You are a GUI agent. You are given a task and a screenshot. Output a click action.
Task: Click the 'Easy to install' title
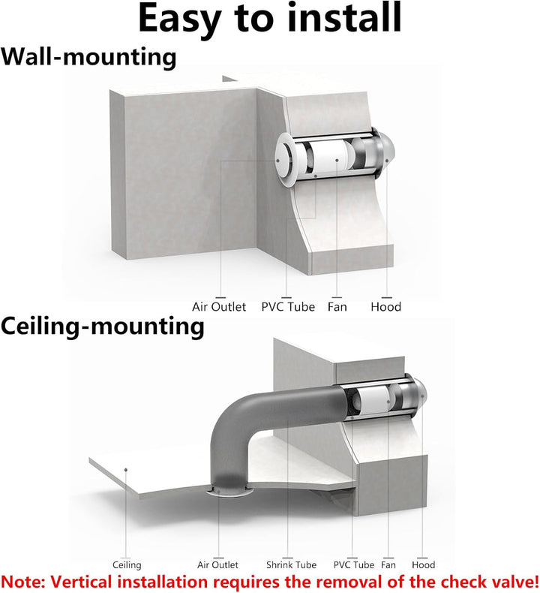pyautogui.click(x=269, y=17)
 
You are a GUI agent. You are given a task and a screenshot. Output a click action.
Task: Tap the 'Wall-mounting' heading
pyautogui.click(x=88, y=57)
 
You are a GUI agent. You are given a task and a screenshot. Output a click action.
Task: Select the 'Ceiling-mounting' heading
pyautogui.click(x=103, y=327)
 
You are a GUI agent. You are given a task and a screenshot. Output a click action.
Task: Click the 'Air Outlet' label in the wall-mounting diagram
pyautogui.click(x=219, y=306)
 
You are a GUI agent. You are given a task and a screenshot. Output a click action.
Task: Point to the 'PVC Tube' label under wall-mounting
pyautogui.click(x=288, y=306)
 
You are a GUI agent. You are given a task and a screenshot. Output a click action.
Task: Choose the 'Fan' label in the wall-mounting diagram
pyautogui.click(x=337, y=306)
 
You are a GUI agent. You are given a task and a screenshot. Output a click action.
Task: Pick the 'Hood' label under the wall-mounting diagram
pyautogui.click(x=385, y=306)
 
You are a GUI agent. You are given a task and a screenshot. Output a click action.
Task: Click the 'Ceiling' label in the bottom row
pyautogui.click(x=127, y=565)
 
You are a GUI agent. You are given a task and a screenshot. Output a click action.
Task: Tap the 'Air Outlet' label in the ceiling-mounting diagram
pyautogui.click(x=217, y=564)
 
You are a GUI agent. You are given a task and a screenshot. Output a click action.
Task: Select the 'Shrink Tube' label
pyautogui.click(x=291, y=564)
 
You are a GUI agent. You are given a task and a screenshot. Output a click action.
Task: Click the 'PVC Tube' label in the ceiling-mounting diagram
pyautogui.click(x=354, y=564)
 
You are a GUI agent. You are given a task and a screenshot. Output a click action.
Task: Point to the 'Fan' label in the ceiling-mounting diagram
pyautogui.click(x=388, y=564)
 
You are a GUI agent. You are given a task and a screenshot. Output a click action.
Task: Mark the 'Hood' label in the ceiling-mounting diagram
pyautogui.click(x=424, y=564)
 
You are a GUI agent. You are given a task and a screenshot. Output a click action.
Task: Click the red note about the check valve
pyautogui.click(x=270, y=582)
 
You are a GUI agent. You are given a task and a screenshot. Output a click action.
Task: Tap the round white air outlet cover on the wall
pyautogui.click(x=283, y=160)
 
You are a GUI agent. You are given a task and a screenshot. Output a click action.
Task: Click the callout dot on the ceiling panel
pyautogui.click(x=126, y=470)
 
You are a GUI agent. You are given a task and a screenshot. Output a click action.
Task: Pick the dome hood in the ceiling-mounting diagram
pyautogui.click(x=418, y=396)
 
